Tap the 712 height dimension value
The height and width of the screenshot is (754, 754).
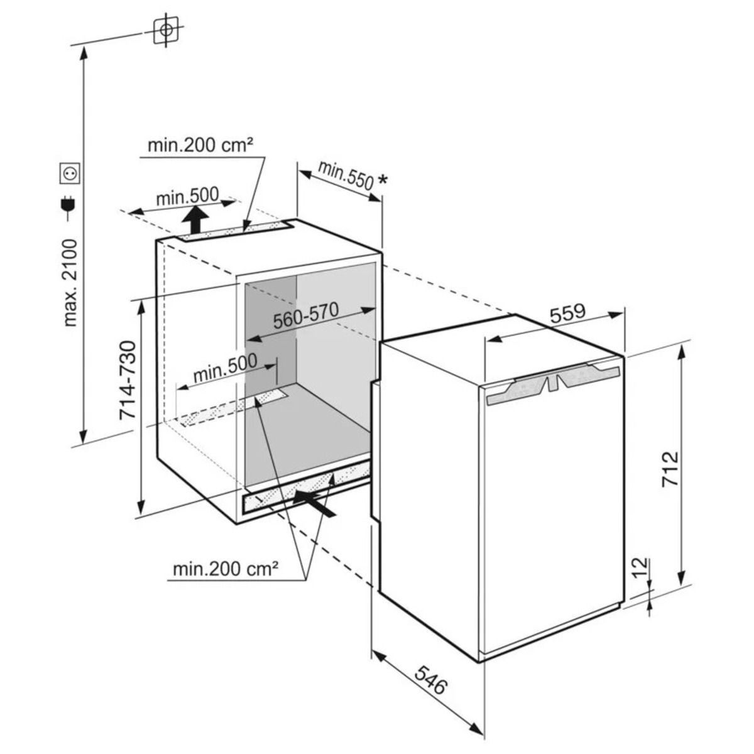pyautogui.click(x=670, y=469)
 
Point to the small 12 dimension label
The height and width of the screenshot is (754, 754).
pyautogui.click(x=637, y=568)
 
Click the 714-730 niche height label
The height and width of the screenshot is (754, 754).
pyautogui.click(x=127, y=381)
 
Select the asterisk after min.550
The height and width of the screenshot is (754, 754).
pyautogui.click(x=382, y=181)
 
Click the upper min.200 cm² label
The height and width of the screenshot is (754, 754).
pyautogui.click(x=200, y=146)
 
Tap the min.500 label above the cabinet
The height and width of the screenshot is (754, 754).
pyautogui.click(x=187, y=198)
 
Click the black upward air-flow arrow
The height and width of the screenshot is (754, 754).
pyautogui.click(x=197, y=221)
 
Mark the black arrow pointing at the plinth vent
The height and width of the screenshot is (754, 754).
pyautogui.click(x=314, y=503)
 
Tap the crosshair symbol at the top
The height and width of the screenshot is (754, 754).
pyautogui.click(x=165, y=30)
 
